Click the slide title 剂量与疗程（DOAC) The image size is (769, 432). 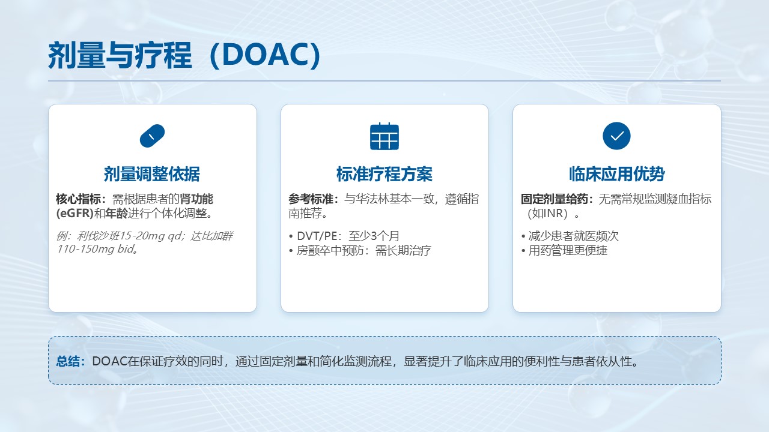(x=184, y=55)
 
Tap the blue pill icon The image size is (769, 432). (x=152, y=136)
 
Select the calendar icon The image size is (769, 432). (x=384, y=136)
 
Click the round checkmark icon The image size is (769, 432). (x=616, y=136)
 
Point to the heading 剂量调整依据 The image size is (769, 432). (x=152, y=174)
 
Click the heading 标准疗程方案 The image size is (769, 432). (x=384, y=174)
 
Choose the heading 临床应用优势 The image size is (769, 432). (x=616, y=174)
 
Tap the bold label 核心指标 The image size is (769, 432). (x=78, y=199)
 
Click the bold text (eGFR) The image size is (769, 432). (x=75, y=213)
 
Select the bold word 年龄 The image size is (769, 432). (x=117, y=213)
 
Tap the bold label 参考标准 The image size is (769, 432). (x=311, y=199)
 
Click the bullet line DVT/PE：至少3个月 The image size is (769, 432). (x=344, y=236)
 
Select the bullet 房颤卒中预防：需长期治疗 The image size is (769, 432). (x=360, y=251)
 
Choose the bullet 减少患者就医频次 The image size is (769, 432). (x=570, y=236)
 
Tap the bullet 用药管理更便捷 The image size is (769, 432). (x=564, y=251)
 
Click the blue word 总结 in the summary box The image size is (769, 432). (x=68, y=361)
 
